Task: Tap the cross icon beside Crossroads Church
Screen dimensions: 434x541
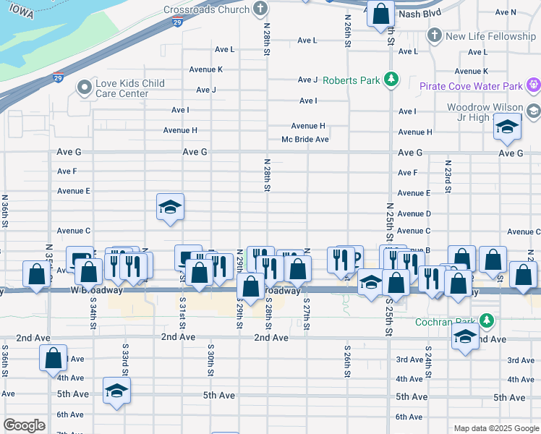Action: click(x=260, y=9)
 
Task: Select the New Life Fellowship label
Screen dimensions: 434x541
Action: click(x=490, y=36)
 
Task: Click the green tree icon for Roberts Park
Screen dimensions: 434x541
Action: click(x=391, y=79)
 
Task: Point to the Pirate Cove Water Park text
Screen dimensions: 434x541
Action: click(x=471, y=87)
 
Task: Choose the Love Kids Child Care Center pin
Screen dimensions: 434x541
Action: click(x=85, y=88)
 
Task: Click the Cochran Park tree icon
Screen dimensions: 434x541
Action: click(x=487, y=320)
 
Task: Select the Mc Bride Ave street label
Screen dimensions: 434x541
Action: click(x=305, y=140)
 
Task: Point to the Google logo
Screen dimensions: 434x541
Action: click(x=24, y=425)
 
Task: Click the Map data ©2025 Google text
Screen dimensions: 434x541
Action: click(x=495, y=428)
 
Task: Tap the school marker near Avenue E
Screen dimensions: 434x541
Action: click(x=170, y=208)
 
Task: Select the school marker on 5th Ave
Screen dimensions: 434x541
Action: click(x=116, y=391)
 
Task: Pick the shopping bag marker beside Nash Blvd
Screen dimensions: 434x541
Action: click(x=380, y=13)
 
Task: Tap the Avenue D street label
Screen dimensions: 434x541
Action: click(x=414, y=214)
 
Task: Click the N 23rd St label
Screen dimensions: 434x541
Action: click(x=448, y=176)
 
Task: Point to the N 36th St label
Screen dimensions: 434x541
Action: click(x=5, y=210)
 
